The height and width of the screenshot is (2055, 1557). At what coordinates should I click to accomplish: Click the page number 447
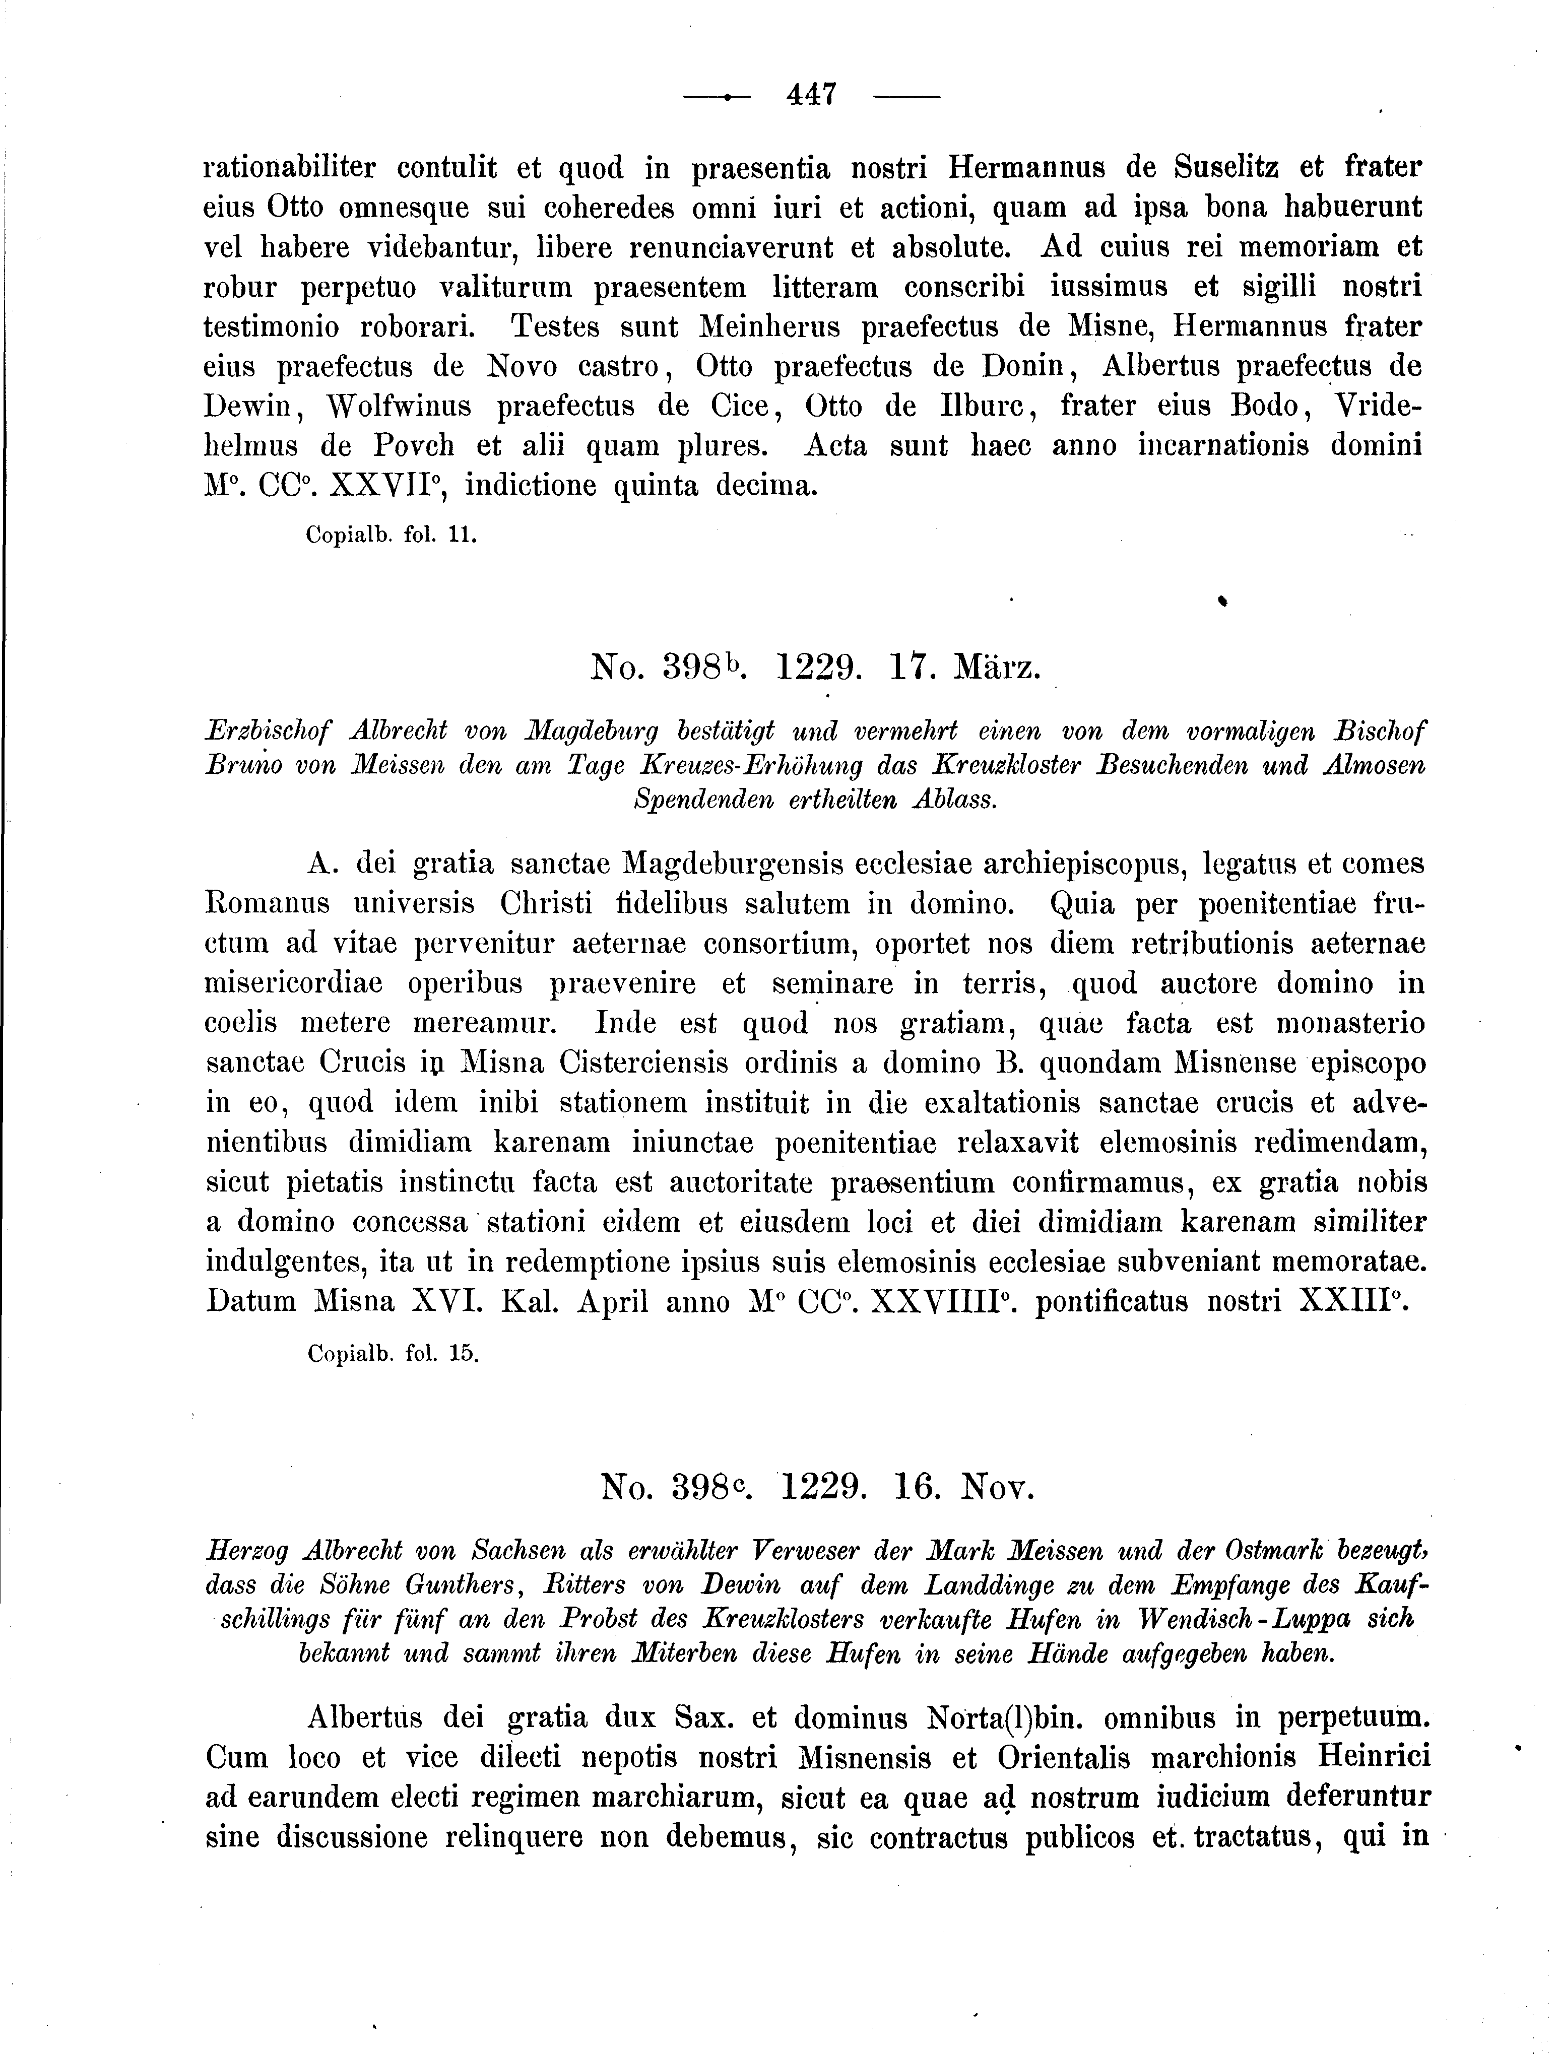point(812,95)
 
